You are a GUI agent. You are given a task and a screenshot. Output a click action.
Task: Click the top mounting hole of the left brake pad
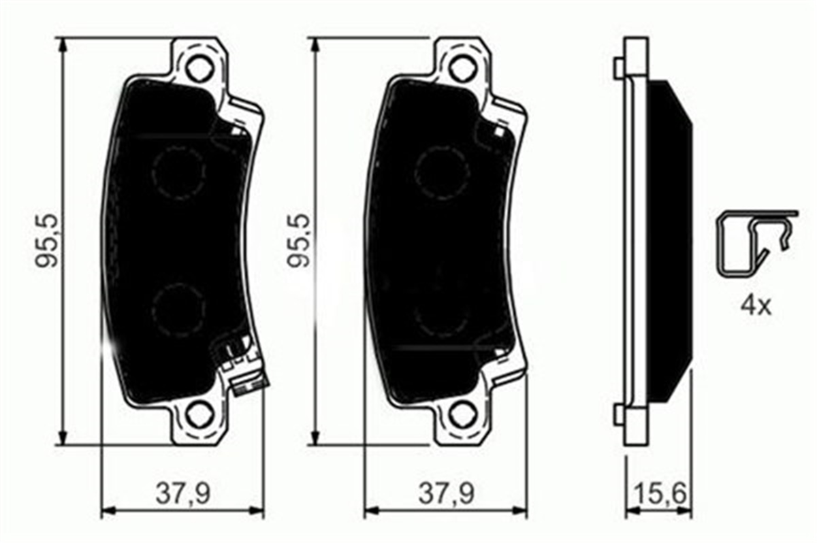coord(197,68)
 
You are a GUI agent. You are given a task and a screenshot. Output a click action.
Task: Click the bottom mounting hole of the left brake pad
coord(198,414)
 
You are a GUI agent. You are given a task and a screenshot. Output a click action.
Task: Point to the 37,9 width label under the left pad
coord(182,493)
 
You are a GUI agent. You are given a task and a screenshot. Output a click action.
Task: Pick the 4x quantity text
coord(756,306)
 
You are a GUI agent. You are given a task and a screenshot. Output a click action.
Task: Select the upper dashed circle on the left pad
coord(178,173)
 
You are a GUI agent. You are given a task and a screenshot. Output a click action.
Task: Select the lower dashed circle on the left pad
coord(178,310)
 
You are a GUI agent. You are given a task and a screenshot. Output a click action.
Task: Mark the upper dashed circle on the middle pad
coord(442,170)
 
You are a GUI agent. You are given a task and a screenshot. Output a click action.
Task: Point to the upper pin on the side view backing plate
coord(618,68)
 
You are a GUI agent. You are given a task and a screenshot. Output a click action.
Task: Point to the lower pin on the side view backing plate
coord(618,414)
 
